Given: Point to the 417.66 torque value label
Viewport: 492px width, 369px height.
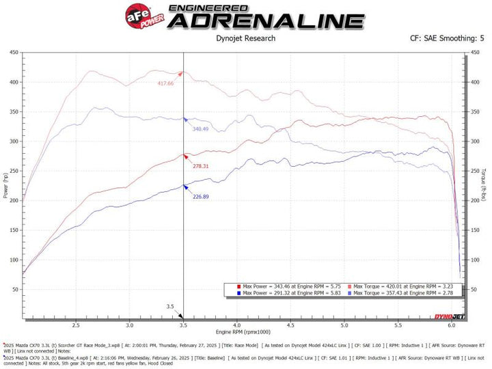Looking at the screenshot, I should coord(165,83).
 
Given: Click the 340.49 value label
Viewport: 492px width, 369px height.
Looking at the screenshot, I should coord(201,129).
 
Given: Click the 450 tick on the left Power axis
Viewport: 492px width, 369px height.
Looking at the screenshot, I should coord(14,53).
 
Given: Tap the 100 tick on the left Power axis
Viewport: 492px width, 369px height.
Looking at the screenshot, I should coord(14,260).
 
